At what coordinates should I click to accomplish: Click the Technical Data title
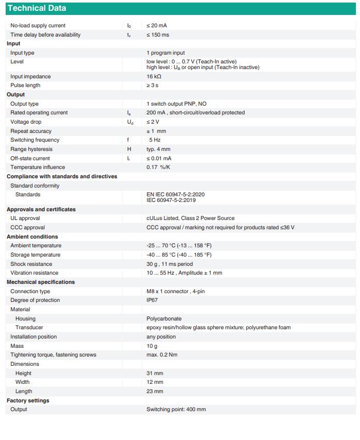[x=37, y=8]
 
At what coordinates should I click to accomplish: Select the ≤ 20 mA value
[x=157, y=25]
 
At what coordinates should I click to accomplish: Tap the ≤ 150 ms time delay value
[x=158, y=35]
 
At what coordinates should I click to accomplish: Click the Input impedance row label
[x=30, y=76]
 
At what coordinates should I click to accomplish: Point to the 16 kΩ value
[x=154, y=76]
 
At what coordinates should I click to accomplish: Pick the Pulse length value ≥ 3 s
[x=152, y=85]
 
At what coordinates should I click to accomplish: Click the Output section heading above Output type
[x=15, y=94]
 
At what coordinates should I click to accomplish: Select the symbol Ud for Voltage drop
[x=130, y=122]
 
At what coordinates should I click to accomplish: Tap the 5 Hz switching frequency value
[x=155, y=140]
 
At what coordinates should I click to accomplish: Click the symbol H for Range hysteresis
[x=129, y=149]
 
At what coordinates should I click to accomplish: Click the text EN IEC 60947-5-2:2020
[x=176, y=194]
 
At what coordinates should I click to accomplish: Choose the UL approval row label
[x=25, y=218]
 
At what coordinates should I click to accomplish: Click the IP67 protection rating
[x=152, y=300]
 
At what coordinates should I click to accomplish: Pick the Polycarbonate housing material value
[x=164, y=318]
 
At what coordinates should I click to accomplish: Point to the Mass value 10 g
[x=152, y=346]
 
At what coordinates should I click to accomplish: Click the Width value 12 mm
[x=155, y=382]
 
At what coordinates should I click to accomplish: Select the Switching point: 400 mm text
[x=176, y=409]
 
